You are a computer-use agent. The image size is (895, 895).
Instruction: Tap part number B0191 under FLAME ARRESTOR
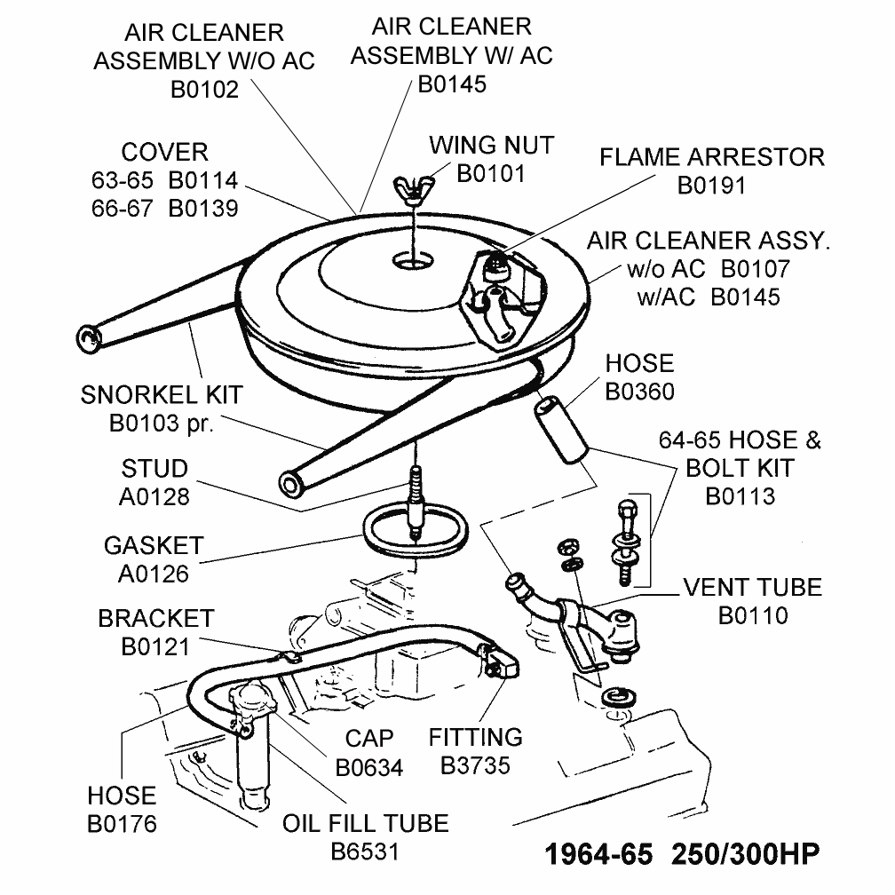point(711,186)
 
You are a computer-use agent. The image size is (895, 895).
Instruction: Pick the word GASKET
point(154,545)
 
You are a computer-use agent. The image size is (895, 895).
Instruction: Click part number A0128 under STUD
point(154,496)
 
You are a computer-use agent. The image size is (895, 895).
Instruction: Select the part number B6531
point(365,851)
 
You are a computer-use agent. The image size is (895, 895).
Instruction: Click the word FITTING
point(476,737)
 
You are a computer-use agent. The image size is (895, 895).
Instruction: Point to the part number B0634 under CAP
point(369,766)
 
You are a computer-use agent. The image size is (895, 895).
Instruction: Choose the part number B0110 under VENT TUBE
point(753,614)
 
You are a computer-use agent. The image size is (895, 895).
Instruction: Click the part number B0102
point(204,89)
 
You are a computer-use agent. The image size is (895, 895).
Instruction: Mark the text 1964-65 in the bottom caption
point(594,854)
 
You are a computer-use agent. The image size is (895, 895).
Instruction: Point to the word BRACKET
point(156,618)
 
